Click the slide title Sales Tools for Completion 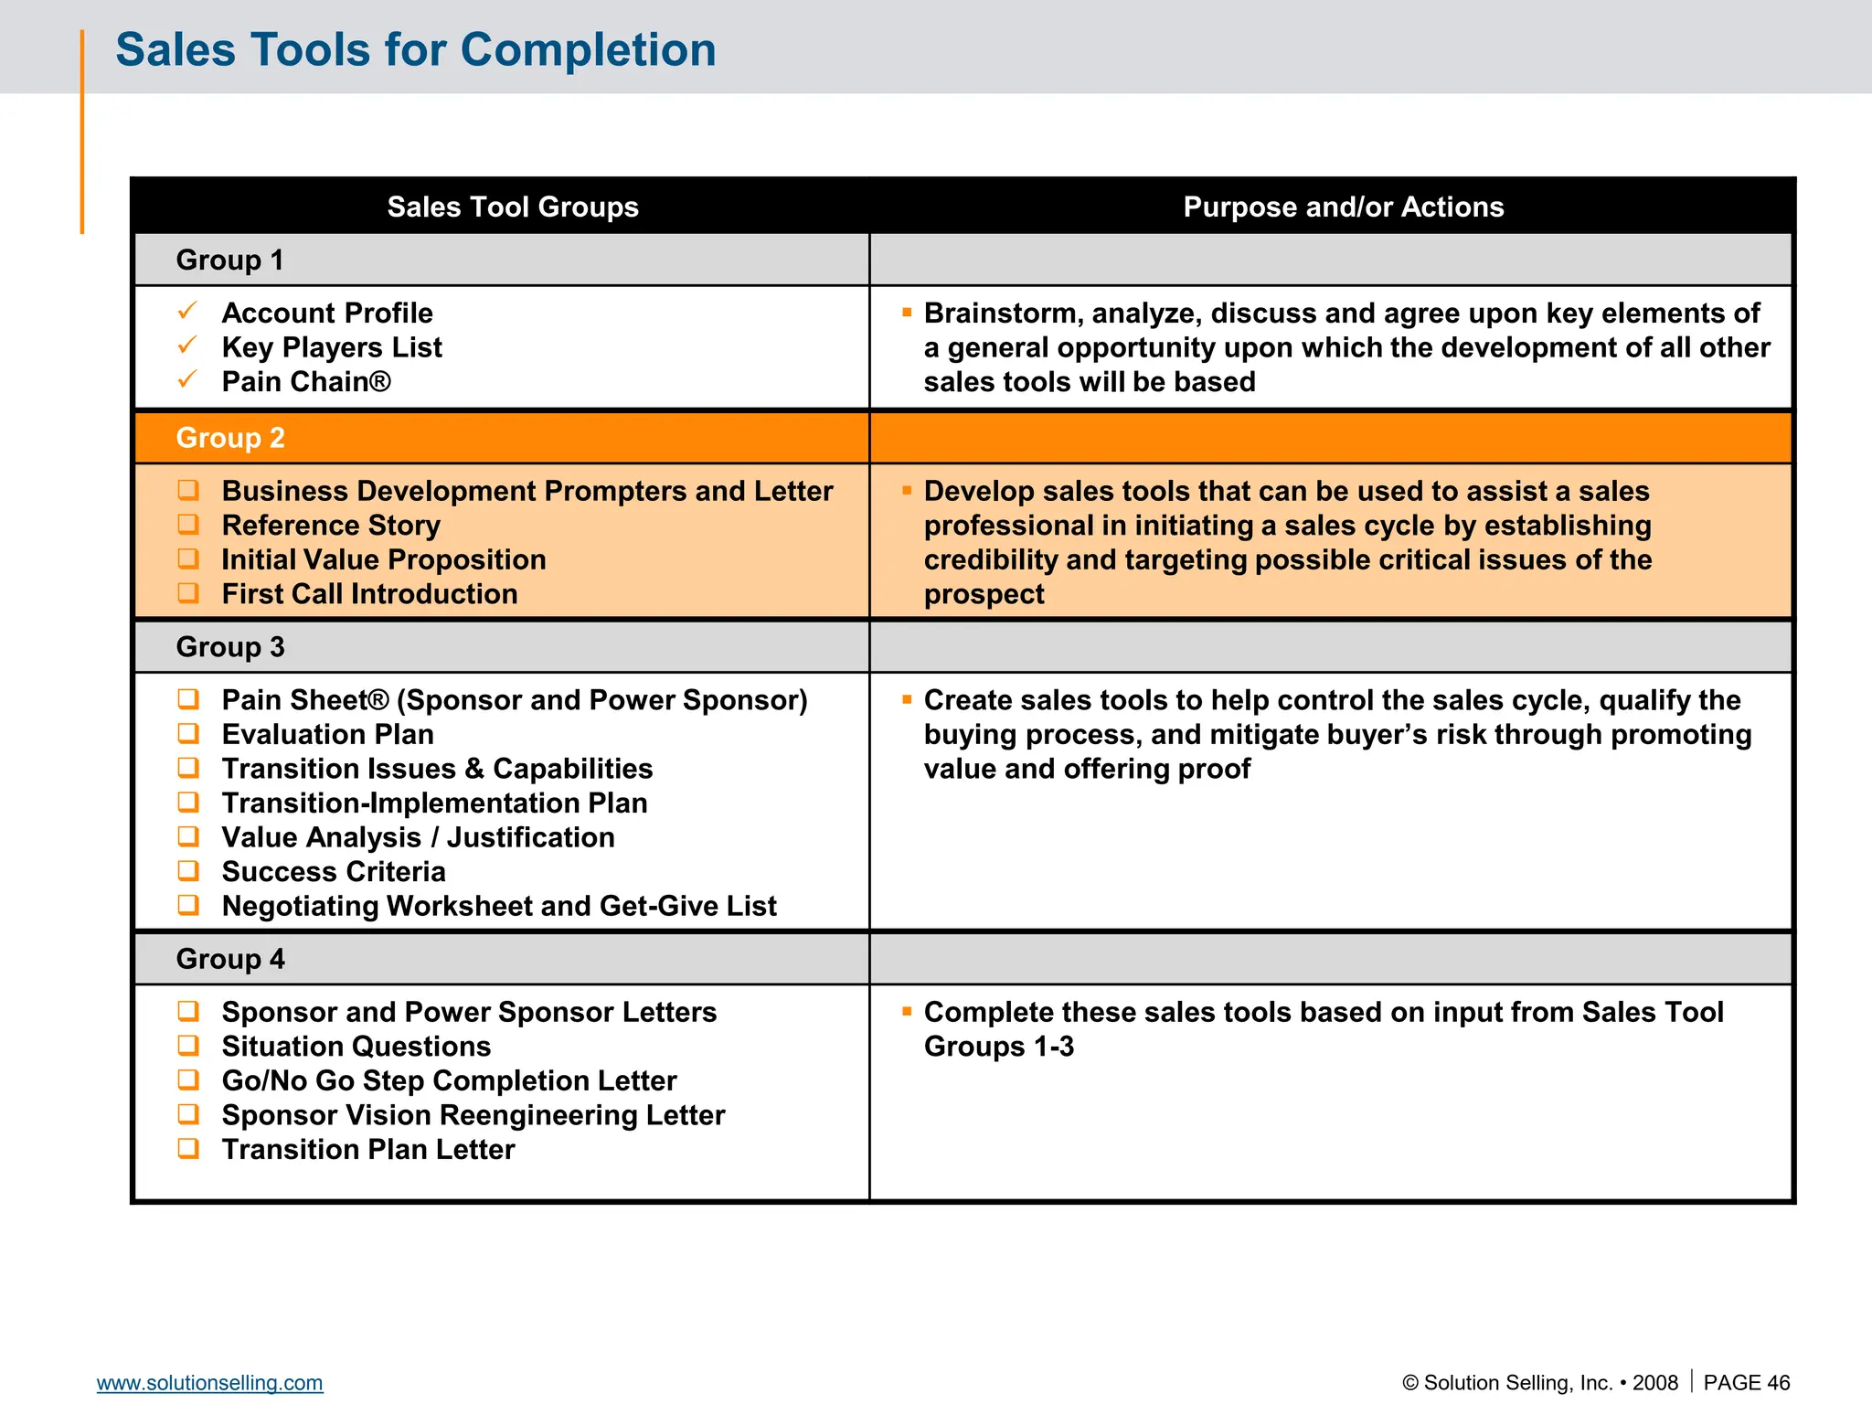point(415,49)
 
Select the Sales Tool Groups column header point(512,207)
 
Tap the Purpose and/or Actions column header point(1343,207)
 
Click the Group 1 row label point(229,260)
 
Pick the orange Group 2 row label point(229,438)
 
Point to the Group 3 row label point(229,647)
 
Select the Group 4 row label point(229,959)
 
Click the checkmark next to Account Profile point(187,312)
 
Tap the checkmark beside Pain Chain point(187,380)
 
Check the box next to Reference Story point(188,525)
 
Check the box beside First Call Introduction point(188,593)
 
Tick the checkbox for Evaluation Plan point(188,733)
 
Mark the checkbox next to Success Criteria point(188,870)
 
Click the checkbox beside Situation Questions point(188,1045)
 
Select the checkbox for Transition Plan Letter point(188,1148)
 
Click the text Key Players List point(331,347)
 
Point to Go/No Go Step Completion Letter point(449,1080)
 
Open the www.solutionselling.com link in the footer point(209,1383)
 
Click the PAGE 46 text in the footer point(1746,1383)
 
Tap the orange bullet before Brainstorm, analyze point(907,313)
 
